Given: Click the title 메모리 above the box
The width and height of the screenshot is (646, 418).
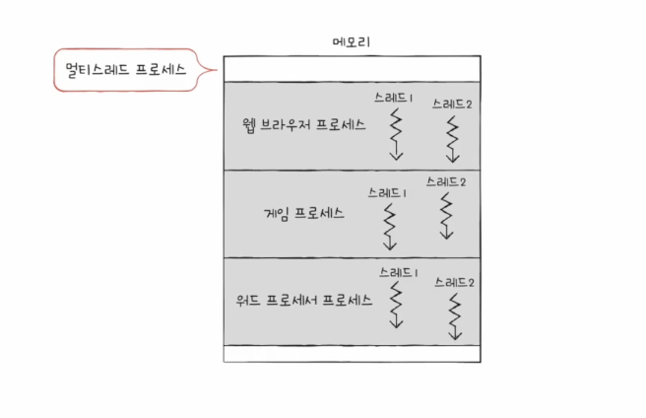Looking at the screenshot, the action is (352, 42).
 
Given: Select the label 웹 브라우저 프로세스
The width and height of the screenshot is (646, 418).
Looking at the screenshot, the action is (303, 126).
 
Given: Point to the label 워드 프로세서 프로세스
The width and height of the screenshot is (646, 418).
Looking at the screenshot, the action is (296, 299).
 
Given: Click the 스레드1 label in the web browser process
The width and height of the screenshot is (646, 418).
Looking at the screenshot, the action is (395, 99).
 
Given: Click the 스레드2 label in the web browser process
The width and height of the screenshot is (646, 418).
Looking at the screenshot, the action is (452, 104).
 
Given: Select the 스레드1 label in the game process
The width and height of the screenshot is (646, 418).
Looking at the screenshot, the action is (388, 192).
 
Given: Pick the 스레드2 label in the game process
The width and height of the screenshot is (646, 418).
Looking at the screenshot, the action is (446, 180).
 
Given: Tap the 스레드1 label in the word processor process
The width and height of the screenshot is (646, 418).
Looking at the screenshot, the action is (400, 271).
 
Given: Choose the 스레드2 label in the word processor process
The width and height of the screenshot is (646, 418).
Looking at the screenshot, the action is (454, 282).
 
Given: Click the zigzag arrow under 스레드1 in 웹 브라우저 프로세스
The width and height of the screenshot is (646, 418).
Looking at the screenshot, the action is (396, 134).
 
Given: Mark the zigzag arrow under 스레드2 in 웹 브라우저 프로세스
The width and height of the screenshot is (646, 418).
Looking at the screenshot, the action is (453, 139).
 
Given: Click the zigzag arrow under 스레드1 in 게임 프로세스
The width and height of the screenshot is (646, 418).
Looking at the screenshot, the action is (390, 226).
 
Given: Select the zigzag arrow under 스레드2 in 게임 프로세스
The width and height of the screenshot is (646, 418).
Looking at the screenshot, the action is (446, 215).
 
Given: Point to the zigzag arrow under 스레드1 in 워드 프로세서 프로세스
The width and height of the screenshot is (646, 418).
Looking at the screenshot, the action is (396, 306).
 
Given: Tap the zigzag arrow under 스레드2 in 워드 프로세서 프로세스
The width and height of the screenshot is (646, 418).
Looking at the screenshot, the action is (454, 315).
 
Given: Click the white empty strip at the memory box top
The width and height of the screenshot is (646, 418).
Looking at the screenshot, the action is (352, 68).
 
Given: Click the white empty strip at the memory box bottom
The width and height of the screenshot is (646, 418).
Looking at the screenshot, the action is (352, 353).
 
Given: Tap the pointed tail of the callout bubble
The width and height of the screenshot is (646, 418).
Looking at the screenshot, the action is (209, 70).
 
